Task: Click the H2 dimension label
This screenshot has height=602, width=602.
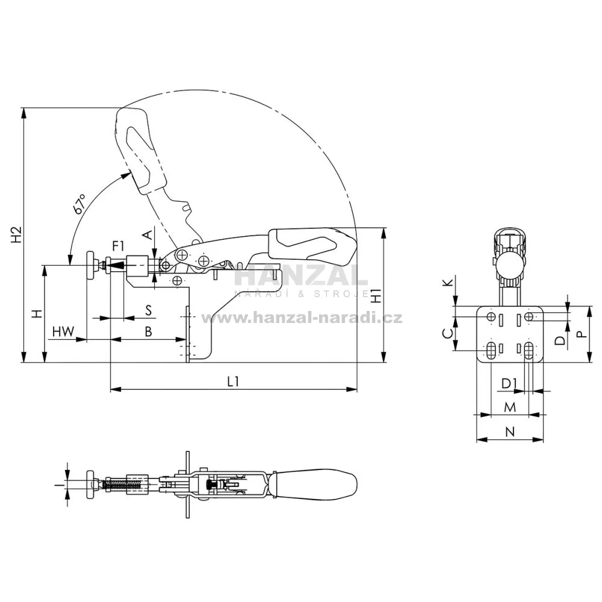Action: [x=16, y=234]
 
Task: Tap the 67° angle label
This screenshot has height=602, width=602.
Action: [x=79, y=203]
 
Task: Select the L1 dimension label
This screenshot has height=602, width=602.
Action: [x=233, y=381]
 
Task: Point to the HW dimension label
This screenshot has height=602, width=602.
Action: [x=63, y=331]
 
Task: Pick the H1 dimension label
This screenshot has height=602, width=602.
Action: [x=376, y=295]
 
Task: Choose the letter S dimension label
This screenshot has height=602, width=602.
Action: [x=149, y=310]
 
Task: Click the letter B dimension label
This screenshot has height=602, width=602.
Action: [x=148, y=331]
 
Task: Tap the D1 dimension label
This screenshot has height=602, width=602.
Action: [x=510, y=383]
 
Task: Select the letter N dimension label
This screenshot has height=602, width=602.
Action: [x=510, y=431]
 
